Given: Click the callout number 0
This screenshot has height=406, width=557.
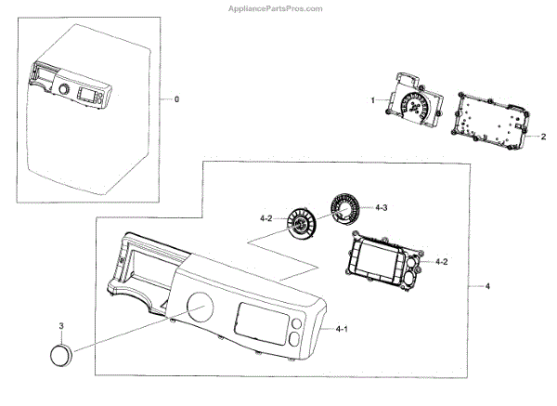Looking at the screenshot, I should tap(176, 98).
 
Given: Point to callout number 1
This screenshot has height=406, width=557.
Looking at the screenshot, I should tap(372, 99).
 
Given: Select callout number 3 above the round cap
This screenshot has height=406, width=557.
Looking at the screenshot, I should tap(61, 326).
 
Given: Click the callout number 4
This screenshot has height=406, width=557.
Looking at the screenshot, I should tap(487, 285).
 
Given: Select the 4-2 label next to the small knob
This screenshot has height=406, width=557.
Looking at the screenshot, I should tap(266, 217).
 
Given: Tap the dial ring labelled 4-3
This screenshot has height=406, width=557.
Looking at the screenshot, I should tap(344, 207).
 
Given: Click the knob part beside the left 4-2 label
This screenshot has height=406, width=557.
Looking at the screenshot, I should tap(301, 224).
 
